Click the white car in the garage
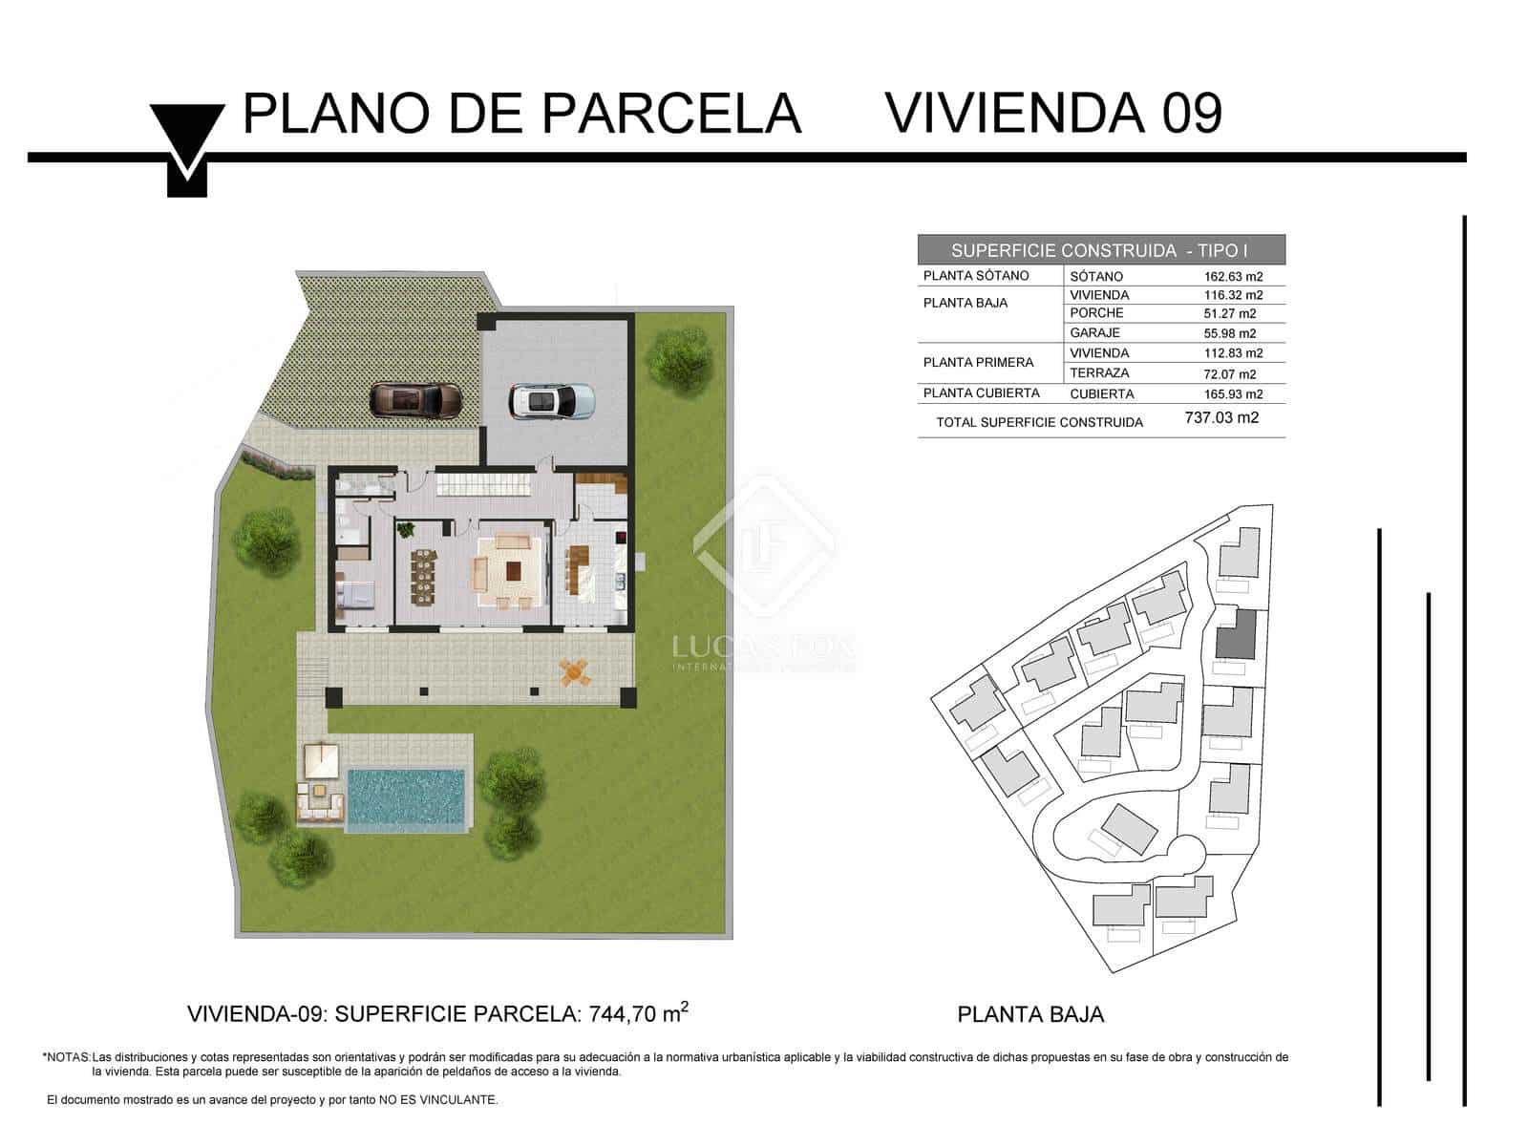[x=551, y=401]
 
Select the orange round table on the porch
[x=574, y=673]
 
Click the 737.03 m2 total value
[x=1220, y=417]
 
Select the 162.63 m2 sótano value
[x=1233, y=276]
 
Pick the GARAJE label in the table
[x=1094, y=333]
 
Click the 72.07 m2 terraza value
[x=1229, y=373]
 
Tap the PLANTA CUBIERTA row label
[x=981, y=393]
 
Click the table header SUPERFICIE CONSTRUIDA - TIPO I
[x=1100, y=250]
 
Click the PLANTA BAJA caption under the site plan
[x=1030, y=1014]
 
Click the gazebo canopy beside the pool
[x=322, y=761]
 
